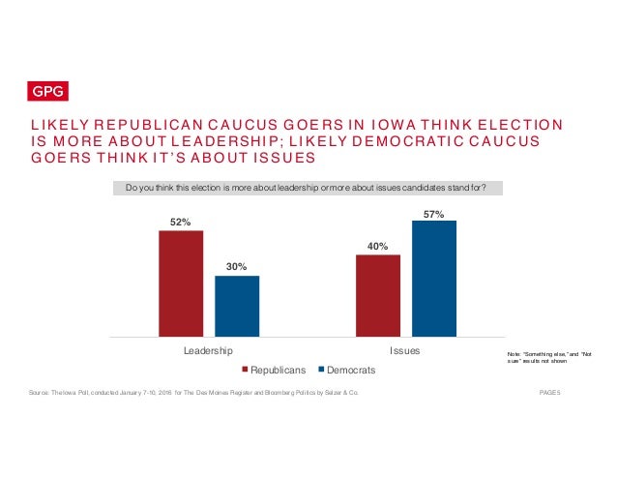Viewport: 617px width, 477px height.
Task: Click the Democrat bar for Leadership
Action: pyautogui.click(x=236, y=306)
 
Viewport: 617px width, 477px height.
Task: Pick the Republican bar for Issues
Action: pyautogui.click(x=377, y=295)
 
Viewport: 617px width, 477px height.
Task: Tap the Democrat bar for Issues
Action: pyautogui.click(x=433, y=279)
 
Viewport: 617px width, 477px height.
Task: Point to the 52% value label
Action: pyautogui.click(x=181, y=223)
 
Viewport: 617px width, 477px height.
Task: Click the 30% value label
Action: pyautogui.click(x=236, y=266)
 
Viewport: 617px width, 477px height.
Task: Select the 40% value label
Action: pyautogui.click(x=377, y=246)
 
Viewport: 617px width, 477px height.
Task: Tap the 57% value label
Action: pyautogui.click(x=433, y=213)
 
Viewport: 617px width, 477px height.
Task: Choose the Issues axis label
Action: pyautogui.click(x=404, y=350)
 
